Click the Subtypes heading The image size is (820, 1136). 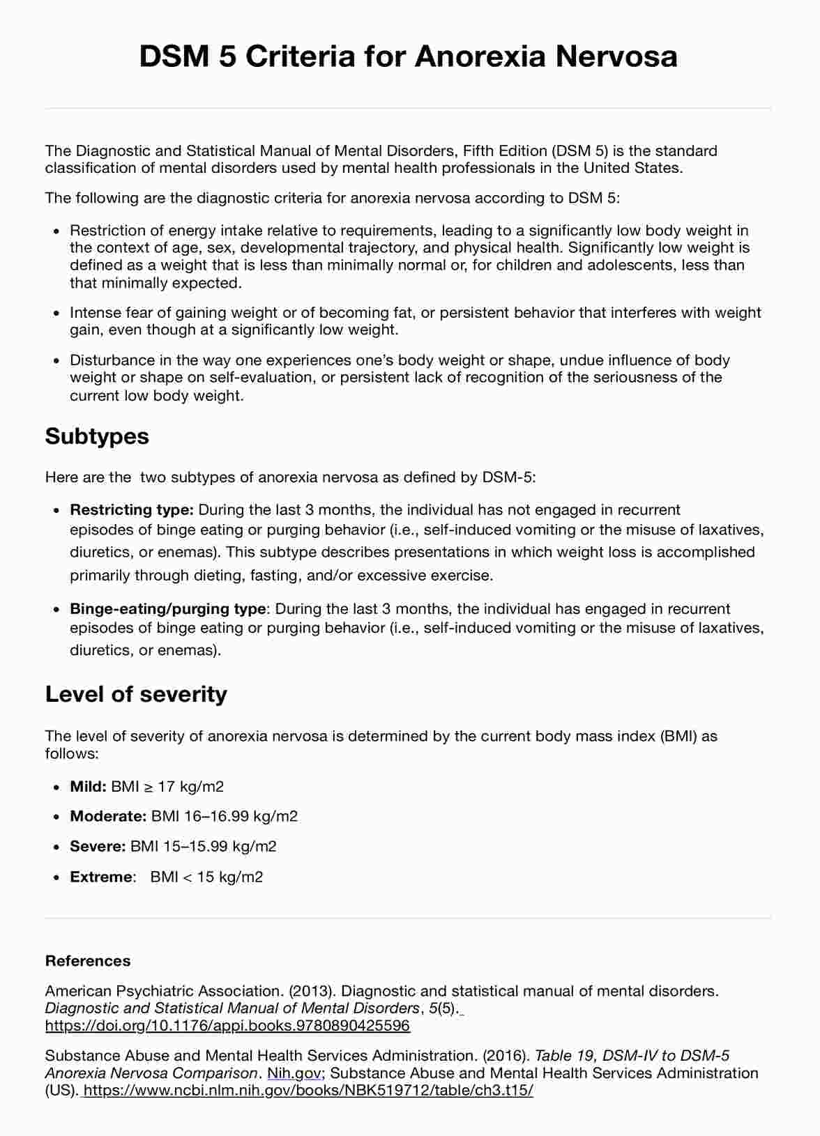(97, 436)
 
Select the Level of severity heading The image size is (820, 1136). (136, 694)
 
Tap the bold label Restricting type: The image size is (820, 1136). (131, 509)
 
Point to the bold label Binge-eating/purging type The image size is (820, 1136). (167, 608)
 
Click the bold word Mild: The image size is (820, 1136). (88, 787)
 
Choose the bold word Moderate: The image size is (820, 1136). (108, 816)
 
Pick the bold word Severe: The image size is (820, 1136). (98, 846)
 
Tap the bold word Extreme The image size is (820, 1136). (100, 877)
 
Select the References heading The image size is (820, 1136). (88, 960)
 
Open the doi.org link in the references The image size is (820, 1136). (227, 1025)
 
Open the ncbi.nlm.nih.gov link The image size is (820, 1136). (307, 1090)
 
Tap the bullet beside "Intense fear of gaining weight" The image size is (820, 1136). (56, 314)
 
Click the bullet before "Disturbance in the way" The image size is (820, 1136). (56, 361)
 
